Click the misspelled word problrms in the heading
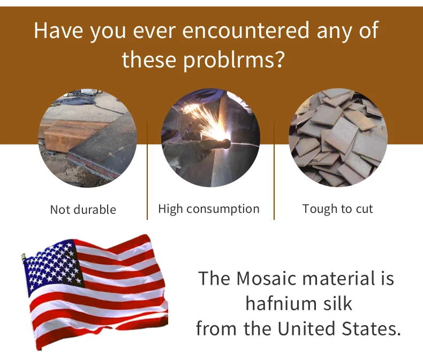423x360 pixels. click(230, 59)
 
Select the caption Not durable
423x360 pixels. click(83, 209)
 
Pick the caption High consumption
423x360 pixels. click(209, 209)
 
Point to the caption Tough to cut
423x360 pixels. click(337, 209)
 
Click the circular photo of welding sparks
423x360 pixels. click(210, 137)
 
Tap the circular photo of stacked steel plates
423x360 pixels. click(338, 137)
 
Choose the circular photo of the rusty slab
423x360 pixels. click(88, 138)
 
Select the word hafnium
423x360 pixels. click(281, 303)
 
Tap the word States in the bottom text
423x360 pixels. click(371, 329)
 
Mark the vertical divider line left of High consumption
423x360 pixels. click(147, 170)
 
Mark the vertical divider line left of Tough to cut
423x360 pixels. click(274, 170)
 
